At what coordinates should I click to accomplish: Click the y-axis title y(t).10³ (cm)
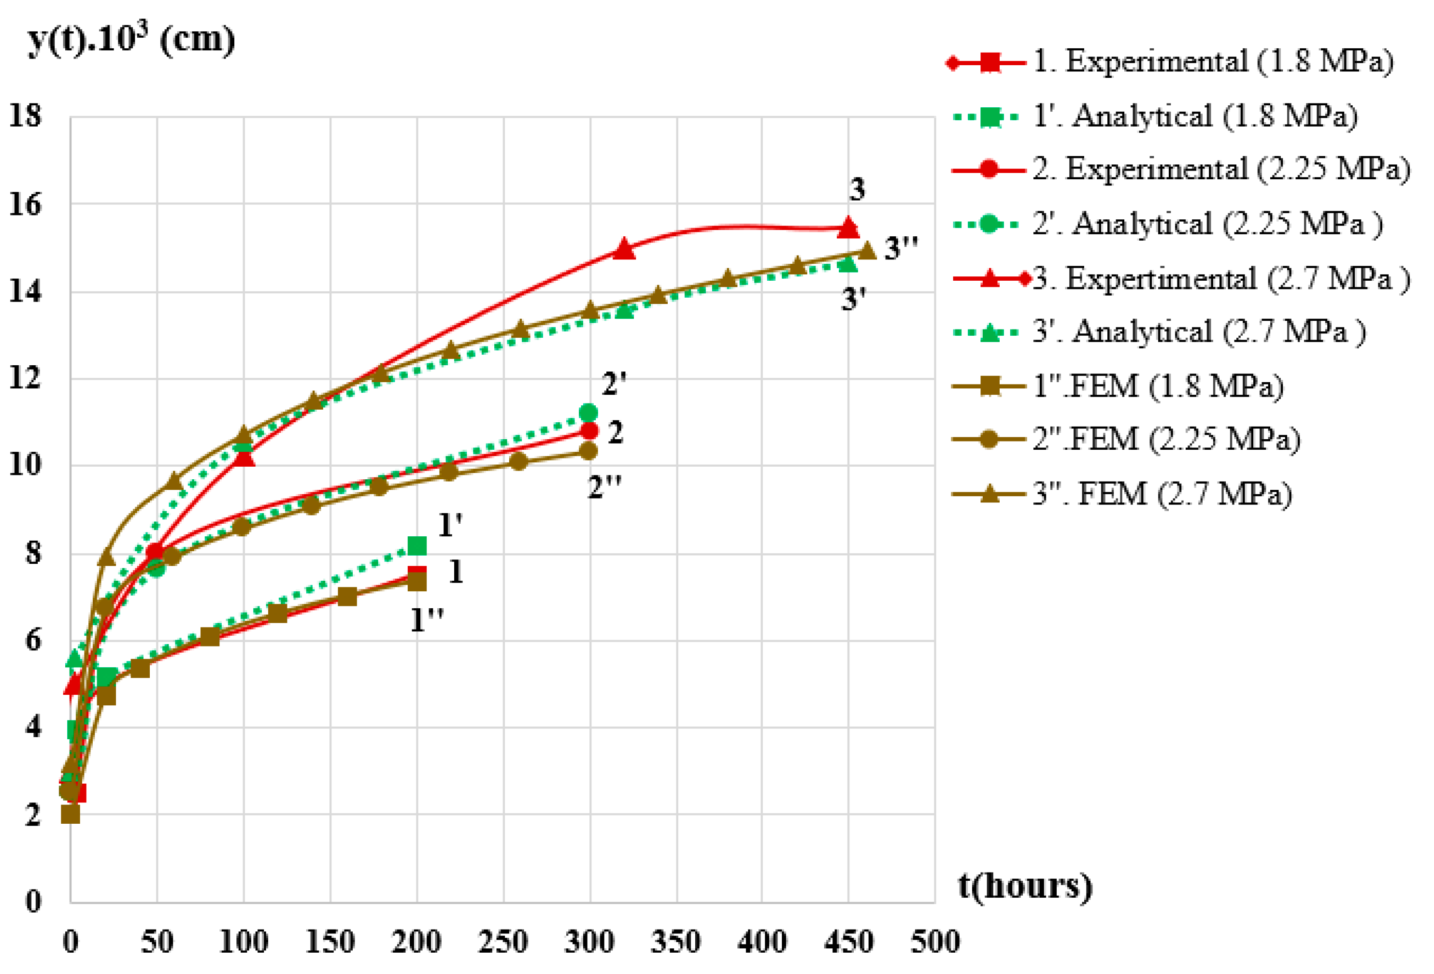pyautogui.click(x=131, y=40)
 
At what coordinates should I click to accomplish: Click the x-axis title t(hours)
pyautogui.click(x=1025, y=887)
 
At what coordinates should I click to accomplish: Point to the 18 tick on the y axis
pyautogui.click(x=25, y=116)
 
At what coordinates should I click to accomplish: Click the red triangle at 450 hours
pyautogui.click(x=848, y=228)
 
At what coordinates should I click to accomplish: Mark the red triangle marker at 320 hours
pyautogui.click(x=624, y=249)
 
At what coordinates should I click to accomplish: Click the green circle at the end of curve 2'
pyautogui.click(x=588, y=412)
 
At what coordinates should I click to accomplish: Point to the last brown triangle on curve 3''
pyautogui.click(x=868, y=250)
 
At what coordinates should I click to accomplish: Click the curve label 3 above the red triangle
pyautogui.click(x=857, y=189)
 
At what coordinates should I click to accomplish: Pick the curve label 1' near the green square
pyautogui.click(x=450, y=526)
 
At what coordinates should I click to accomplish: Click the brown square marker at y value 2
pyautogui.click(x=71, y=814)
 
